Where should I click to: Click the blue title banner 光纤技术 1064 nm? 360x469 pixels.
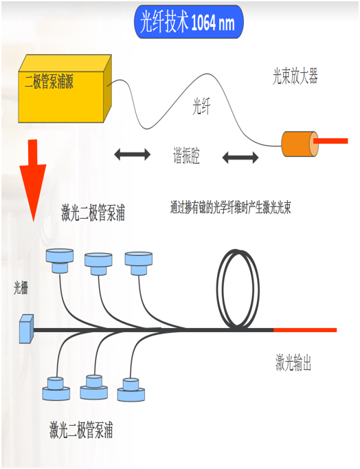click(189, 22)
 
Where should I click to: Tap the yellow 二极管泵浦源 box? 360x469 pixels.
click(65, 89)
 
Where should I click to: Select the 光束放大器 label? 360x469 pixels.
click(295, 76)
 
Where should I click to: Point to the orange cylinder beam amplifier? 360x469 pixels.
click(300, 144)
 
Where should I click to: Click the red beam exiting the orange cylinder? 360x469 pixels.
click(330, 141)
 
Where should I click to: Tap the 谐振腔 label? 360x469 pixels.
click(186, 155)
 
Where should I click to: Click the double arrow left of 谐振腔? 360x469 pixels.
click(133, 154)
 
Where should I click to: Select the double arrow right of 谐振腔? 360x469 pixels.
click(240, 157)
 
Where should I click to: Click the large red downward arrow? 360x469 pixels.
click(32, 180)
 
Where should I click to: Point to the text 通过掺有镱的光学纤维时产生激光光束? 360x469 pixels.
click(231, 207)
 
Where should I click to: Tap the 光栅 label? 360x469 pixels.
click(21, 288)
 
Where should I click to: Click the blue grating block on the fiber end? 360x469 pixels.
click(27, 329)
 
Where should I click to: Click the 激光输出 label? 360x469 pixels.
click(293, 362)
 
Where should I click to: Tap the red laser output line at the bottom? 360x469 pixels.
click(305, 330)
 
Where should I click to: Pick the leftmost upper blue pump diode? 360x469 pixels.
click(60, 261)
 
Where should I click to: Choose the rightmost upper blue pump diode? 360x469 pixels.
click(139, 263)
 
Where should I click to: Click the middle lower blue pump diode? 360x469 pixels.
click(94, 387)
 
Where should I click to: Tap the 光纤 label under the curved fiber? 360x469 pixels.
click(202, 107)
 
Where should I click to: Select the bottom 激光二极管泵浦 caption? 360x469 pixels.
click(81, 430)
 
